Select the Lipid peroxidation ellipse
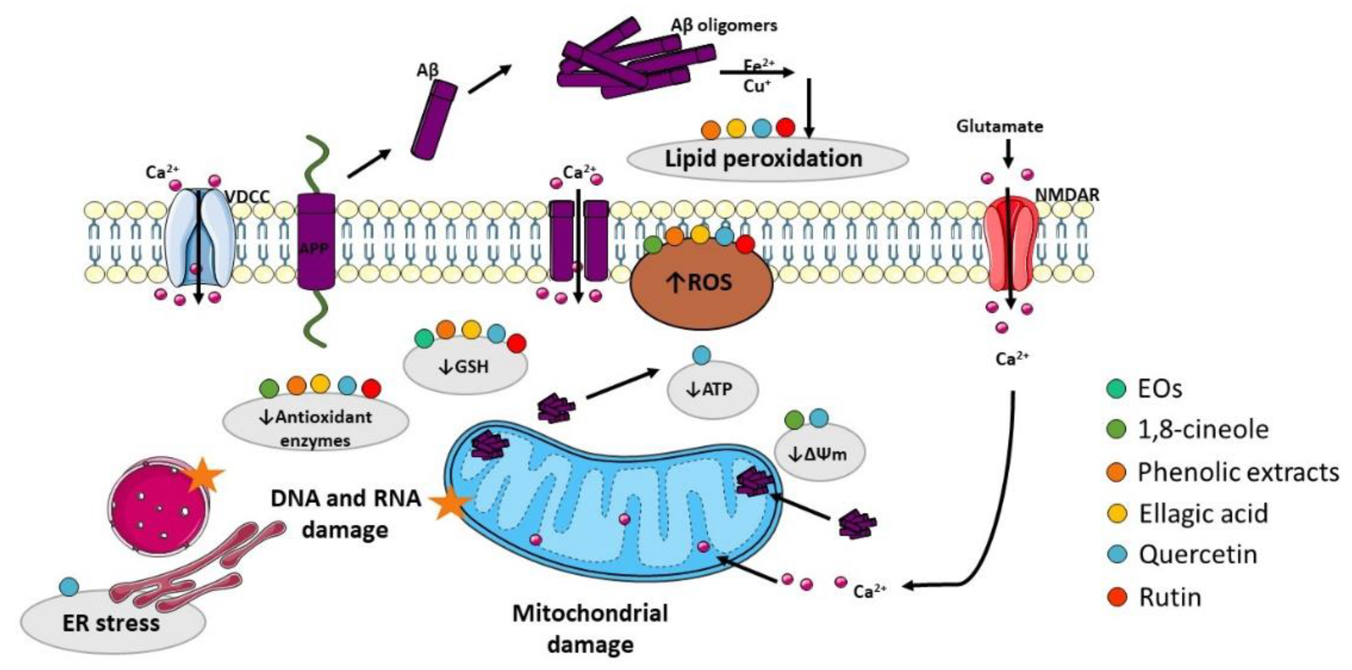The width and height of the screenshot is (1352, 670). pyautogui.click(x=766, y=160)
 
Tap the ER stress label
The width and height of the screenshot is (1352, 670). pyautogui.click(x=111, y=623)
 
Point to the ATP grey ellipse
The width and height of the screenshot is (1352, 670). pyautogui.click(x=712, y=389)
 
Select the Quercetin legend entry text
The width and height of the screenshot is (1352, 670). pyautogui.click(x=1198, y=554)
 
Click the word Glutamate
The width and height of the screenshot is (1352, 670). pyautogui.click(x=1000, y=126)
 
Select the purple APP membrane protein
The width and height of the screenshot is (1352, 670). pyautogui.click(x=316, y=242)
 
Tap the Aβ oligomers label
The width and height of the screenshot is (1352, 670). pyautogui.click(x=724, y=25)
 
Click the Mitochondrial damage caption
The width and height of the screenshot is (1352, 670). pyautogui.click(x=590, y=628)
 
